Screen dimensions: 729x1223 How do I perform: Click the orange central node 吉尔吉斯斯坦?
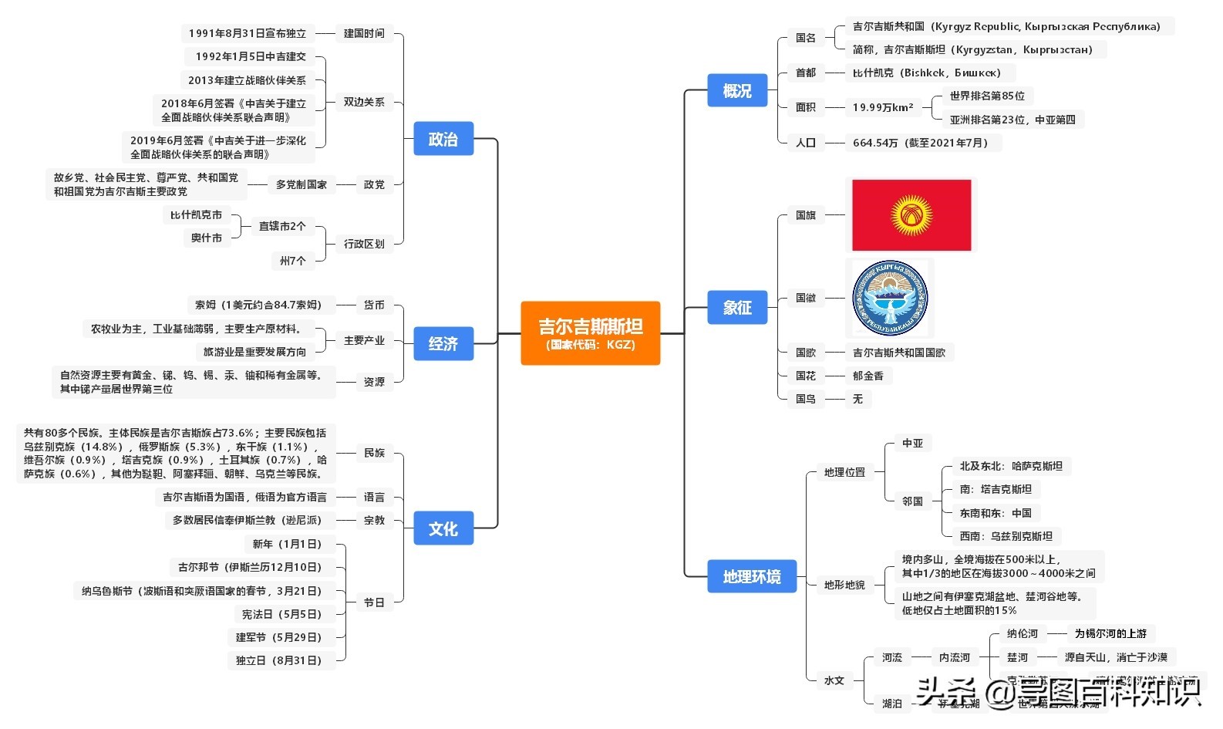coord(590,332)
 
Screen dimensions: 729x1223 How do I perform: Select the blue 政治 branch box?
coord(443,139)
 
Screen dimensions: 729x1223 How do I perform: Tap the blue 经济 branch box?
coord(443,343)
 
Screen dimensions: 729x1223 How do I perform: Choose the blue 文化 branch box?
coord(443,528)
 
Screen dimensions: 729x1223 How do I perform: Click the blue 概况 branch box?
coord(736,90)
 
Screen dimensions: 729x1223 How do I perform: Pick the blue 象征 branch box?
coord(736,307)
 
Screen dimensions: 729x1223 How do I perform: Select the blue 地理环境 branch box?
coord(751,576)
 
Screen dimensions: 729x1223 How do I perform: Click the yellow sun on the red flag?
coord(911,214)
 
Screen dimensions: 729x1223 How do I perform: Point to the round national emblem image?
coord(890,298)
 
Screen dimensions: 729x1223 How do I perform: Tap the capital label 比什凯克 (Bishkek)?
coord(926,73)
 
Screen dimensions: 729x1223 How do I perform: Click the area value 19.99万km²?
coord(882,107)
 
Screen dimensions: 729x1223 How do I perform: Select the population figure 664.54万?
coord(919,143)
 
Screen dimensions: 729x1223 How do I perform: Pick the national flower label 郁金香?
coord(868,376)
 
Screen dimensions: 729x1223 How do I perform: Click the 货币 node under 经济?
coord(374,305)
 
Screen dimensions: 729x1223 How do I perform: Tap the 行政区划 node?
coord(364,244)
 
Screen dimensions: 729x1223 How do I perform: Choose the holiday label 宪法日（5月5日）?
coord(281,614)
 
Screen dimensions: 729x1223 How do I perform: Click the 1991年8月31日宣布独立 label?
coord(248,33)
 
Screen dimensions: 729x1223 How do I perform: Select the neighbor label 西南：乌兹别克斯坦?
coord(1006,536)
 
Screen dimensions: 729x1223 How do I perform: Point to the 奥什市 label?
coord(207,238)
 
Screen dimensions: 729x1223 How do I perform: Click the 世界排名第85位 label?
coord(987,96)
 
